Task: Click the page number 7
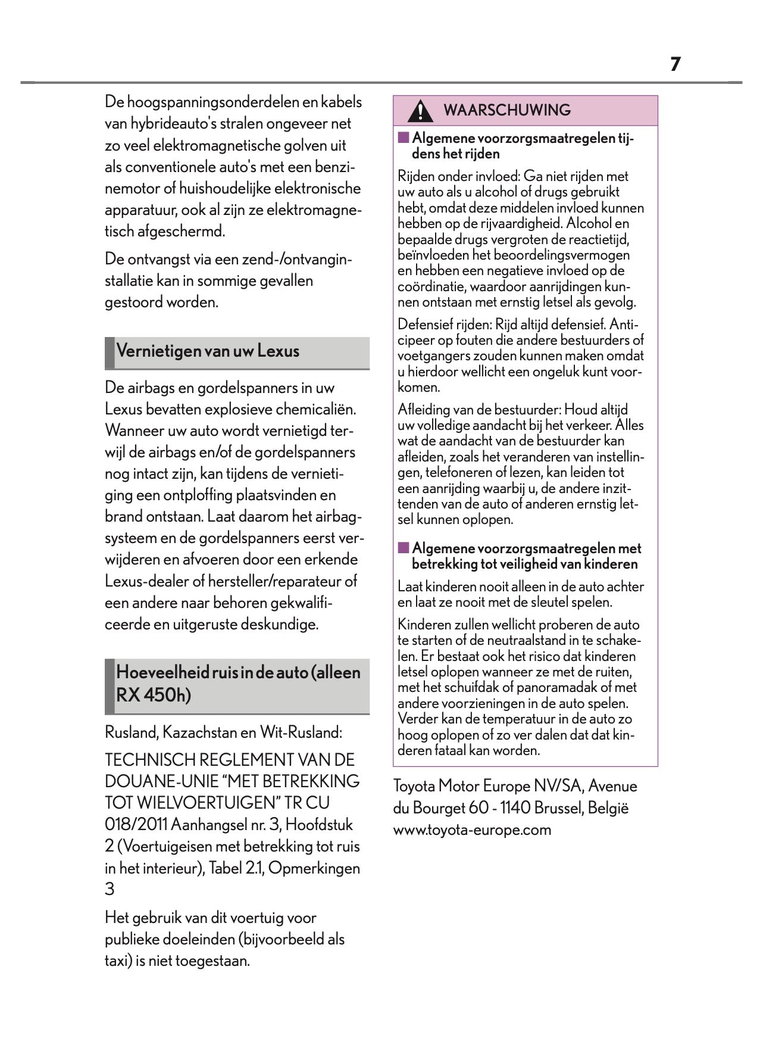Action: (675, 64)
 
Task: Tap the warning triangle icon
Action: (421, 111)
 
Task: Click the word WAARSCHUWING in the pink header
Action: (507, 110)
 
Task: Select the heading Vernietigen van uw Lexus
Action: (208, 351)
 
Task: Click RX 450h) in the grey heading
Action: (154, 695)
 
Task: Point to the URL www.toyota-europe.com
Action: (472, 830)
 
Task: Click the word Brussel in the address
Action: (559, 808)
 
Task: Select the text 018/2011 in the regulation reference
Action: (136, 825)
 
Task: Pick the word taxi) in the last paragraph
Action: (118, 961)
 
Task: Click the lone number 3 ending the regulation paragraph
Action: (110, 890)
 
